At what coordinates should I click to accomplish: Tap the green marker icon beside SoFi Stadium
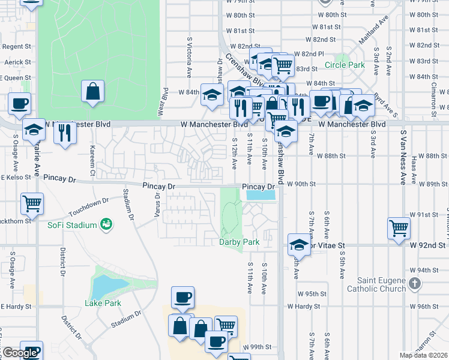click(x=107, y=224)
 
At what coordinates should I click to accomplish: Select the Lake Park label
click(x=103, y=303)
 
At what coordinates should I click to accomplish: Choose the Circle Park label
click(x=345, y=65)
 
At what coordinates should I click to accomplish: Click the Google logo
click(x=20, y=353)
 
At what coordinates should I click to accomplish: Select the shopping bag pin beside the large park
click(x=93, y=92)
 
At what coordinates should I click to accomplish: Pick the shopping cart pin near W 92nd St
click(x=399, y=228)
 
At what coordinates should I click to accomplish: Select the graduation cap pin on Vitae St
click(x=298, y=244)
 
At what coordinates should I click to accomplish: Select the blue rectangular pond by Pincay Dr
click(x=261, y=195)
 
